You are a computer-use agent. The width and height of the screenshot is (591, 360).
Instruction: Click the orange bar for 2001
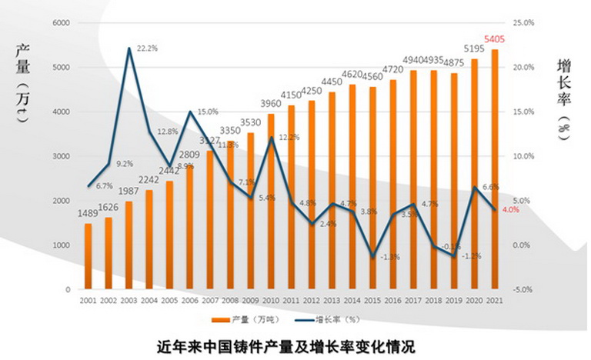pos(88,256)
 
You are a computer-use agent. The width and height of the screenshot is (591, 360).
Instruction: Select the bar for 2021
pos(495,169)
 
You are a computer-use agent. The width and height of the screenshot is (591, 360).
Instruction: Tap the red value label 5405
pos(494,38)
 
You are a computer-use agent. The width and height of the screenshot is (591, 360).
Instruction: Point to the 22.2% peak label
pos(147,48)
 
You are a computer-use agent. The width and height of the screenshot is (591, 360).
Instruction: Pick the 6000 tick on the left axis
pos(61,23)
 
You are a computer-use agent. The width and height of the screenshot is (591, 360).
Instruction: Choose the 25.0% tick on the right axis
pos(523,23)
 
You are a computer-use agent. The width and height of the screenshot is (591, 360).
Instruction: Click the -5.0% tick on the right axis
pos(523,290)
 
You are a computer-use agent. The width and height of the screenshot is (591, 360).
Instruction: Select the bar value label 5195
pos(474,50)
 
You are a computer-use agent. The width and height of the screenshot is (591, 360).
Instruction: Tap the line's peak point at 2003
pos(129,48)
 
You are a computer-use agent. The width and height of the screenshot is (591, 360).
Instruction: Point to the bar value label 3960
pos(271,104)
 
